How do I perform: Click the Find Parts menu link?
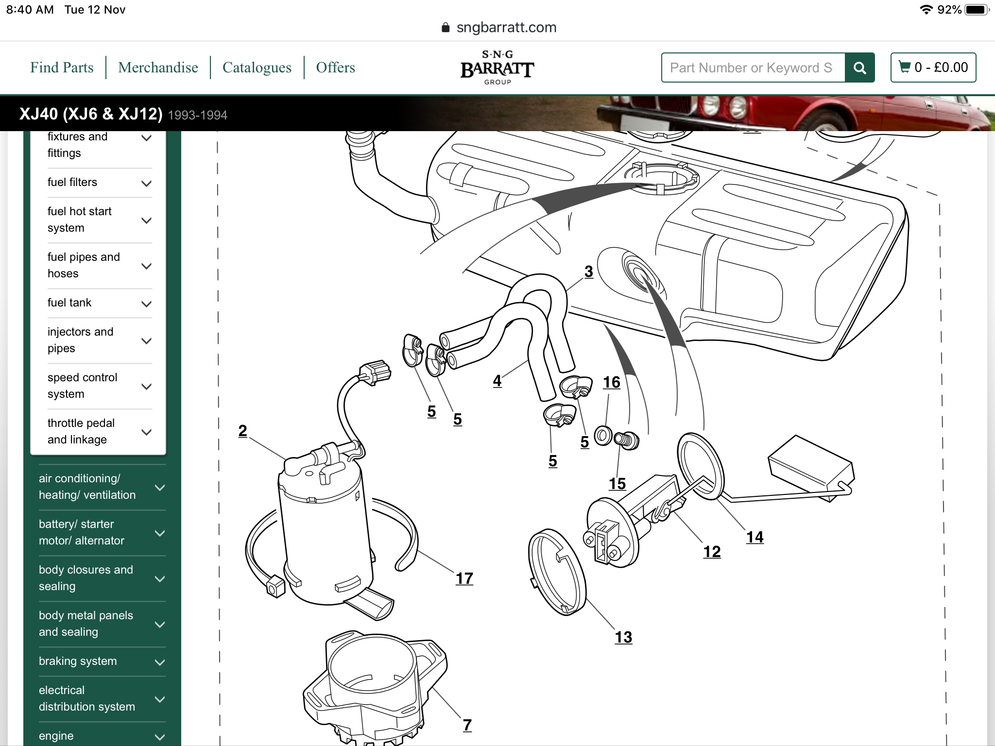pos(62,68)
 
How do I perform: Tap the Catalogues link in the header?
pos(257,68)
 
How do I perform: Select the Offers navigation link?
pos(335,68)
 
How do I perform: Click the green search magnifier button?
pos(859,68)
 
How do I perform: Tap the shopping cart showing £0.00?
pos(933,68)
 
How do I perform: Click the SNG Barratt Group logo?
pos(497,68)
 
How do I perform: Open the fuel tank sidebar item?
pos(69,303)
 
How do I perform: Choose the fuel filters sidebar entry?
pos(72,182)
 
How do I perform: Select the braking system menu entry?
pos(78,661)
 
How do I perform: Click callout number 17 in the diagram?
pos(464,578)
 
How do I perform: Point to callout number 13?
pos(623,637)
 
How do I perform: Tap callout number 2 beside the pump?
pos(242,431)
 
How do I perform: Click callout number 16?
pos(611,383)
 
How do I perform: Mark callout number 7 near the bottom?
pos(467,725)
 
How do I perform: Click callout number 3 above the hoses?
pos(588,271)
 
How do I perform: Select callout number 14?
pos(755,537)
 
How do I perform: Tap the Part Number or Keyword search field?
pos(753,68)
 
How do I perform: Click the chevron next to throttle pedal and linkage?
pos(146,432)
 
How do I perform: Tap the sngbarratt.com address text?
pos(506,28)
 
